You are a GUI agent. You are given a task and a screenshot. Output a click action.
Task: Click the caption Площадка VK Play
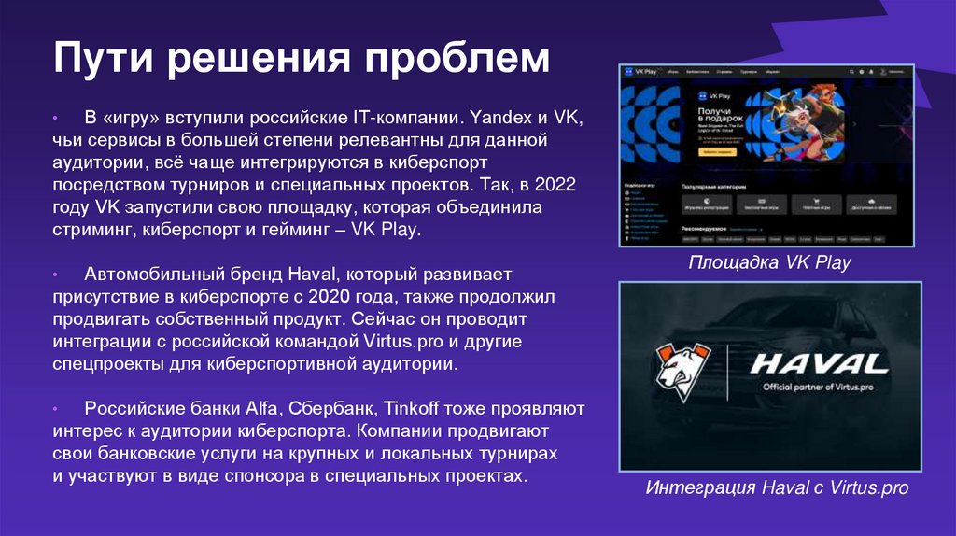pos(769,262)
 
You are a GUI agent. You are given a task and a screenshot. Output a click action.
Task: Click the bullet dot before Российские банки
pos(57,409)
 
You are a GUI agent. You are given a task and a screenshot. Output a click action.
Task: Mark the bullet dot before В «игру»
pos(57,120)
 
